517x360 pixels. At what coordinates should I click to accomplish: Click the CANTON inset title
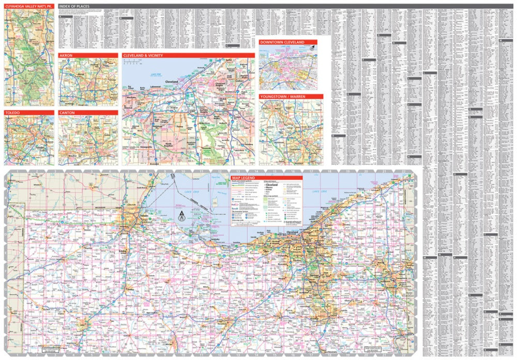tap(68, 112)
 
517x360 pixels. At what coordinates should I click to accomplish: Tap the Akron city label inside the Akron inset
tap(80, 74)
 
